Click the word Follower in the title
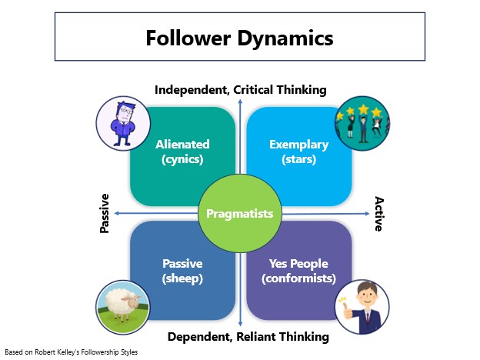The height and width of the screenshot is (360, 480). pos(188,38)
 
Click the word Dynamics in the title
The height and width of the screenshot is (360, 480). pos(285,39)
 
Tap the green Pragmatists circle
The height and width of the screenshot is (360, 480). pos(240,213)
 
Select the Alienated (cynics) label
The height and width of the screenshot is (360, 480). pos(182,152)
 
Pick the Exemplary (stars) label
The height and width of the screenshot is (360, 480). pos(298,152)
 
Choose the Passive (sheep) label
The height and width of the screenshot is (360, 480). pos(182,272)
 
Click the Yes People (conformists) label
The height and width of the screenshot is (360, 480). pos(298,272)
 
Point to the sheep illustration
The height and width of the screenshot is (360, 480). pos(122,306)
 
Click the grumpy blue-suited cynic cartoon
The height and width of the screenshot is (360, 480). pos(123,123)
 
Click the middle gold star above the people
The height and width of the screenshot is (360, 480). pos(363,109)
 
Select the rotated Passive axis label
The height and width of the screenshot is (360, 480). pos(105,213)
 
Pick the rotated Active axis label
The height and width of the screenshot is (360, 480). pos(379,214)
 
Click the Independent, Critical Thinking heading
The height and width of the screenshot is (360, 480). pos(241,90)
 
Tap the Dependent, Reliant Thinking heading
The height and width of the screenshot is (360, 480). pos(248,337)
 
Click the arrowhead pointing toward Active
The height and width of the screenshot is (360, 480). pos(368,214)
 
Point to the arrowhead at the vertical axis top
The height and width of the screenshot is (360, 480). pos(240,102)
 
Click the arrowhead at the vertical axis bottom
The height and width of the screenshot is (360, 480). pos(240,324)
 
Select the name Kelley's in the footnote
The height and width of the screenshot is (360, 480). pos(69,352)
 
